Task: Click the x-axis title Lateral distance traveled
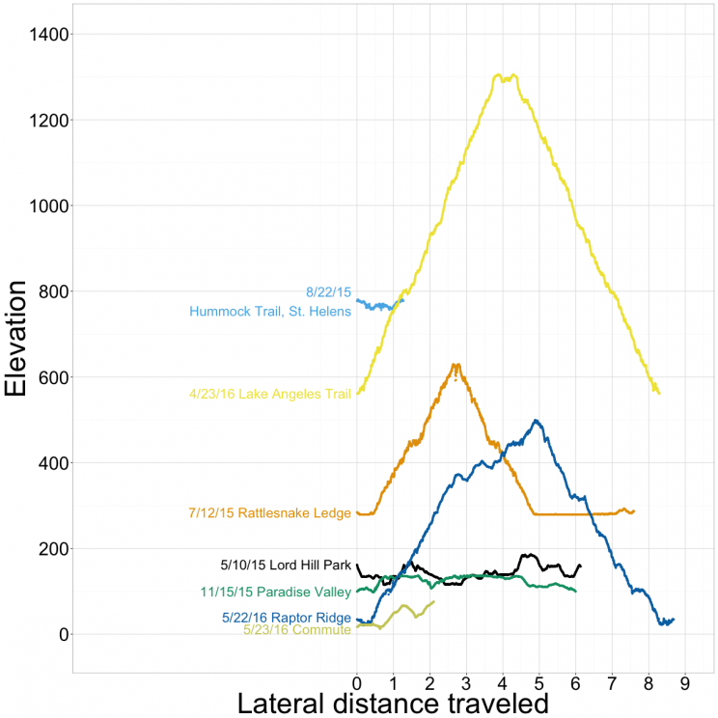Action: tap(393, 702)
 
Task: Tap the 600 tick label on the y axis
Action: tap(49, 377)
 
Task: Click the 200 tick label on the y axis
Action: tap(49, 549)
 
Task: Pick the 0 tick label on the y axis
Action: tap(61, 635)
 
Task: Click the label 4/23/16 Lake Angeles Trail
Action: tap(270, 394)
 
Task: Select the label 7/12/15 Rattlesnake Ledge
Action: tap(269, 513)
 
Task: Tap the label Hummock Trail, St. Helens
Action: tap(270, 312)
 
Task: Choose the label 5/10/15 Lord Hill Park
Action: tap(286, 566)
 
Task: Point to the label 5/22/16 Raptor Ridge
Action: tap(286, 618)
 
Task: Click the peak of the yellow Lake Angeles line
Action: tap(499, 74)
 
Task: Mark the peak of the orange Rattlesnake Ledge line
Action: tap(456, 365)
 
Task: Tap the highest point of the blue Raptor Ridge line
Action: tap(537, 421)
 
